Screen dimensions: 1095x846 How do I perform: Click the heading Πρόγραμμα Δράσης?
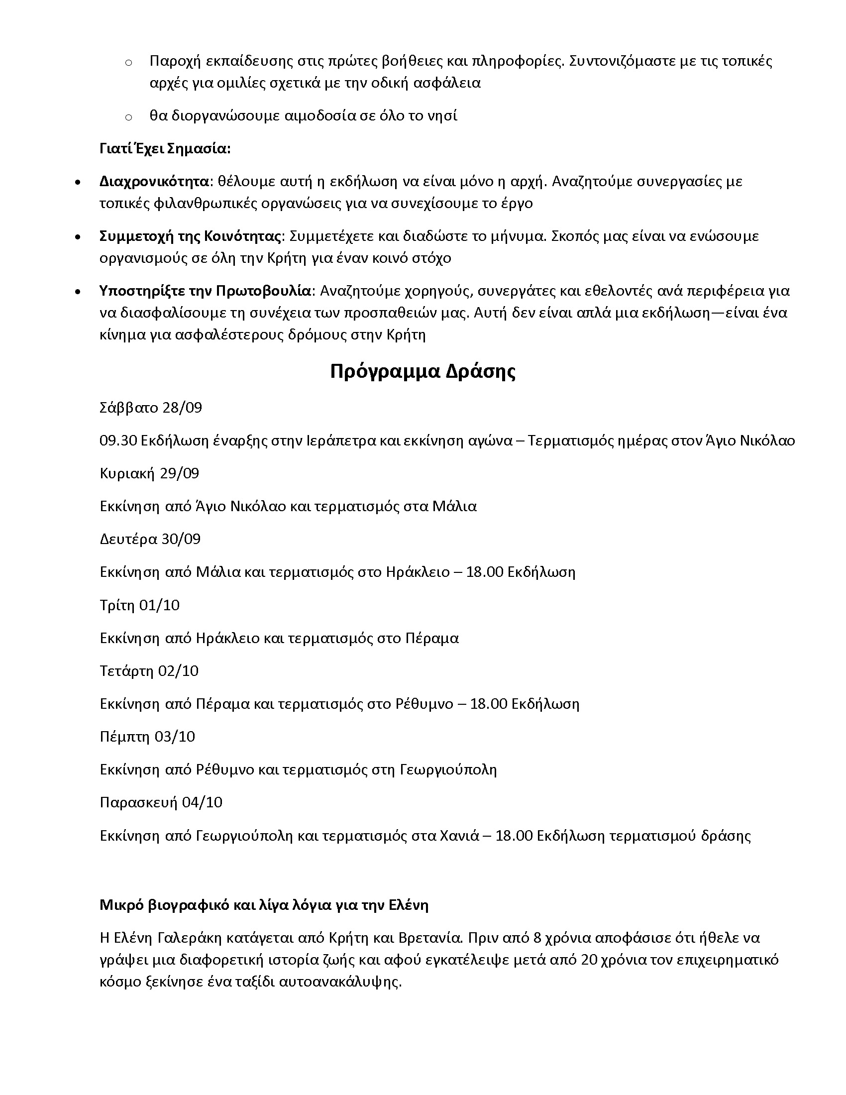coord(423,371)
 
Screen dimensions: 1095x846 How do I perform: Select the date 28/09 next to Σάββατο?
coord(183,408)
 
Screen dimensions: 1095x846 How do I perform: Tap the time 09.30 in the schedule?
coord(118,440)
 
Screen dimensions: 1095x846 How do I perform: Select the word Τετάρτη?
coord(127,671)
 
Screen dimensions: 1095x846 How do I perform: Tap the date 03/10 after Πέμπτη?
coord(175,737)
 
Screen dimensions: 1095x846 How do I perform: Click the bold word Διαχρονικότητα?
coord(154,182)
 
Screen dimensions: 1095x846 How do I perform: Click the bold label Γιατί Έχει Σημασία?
coord(165,149)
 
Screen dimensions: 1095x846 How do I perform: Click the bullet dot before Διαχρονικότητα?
coord(77,183)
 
